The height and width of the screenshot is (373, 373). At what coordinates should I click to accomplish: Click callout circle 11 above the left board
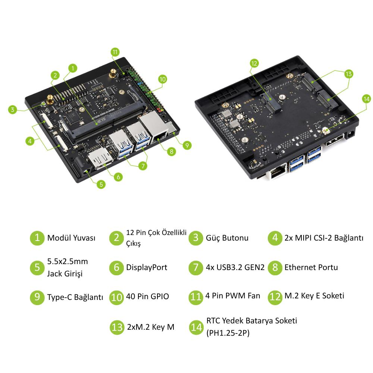click(115, 52)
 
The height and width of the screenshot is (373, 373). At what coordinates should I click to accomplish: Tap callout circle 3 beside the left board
click(12, 110)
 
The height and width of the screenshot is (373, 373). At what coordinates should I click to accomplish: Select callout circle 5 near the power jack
click(101, 184)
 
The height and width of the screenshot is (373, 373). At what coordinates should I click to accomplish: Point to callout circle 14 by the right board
click(366, 99)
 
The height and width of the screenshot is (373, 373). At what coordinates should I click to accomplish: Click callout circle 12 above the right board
click(254, 63)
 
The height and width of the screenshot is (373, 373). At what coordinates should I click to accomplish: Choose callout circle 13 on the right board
click(348, 74)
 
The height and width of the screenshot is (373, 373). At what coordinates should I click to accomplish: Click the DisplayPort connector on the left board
click(100, 158)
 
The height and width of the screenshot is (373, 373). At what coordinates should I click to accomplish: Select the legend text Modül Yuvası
click(71, 238)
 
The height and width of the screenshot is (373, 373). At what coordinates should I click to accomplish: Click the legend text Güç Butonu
click(227, 238)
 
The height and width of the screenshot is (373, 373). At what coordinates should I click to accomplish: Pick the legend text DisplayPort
click(147, 267)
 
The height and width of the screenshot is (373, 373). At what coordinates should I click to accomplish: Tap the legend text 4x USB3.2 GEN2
click(235, 267)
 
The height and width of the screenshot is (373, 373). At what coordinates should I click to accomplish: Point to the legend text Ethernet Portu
click(311, 267)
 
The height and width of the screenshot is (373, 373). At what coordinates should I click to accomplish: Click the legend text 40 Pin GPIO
click(147, 297)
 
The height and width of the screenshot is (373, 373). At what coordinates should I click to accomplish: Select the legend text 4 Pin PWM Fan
click(233, 296)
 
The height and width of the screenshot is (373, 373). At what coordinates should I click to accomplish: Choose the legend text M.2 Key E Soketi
click(314, 296)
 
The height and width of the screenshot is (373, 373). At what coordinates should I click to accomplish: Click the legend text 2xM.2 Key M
click(151, 327)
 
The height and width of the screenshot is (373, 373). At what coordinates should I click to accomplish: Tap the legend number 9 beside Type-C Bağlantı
click(37, 297)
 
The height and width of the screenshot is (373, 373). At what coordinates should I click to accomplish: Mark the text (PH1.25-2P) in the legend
click(228, 333)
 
